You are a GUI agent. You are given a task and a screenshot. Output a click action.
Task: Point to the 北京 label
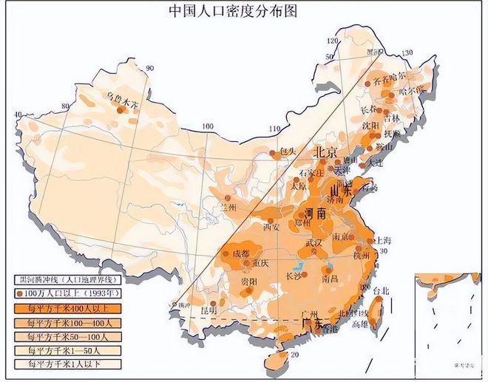click(x=327, y=151)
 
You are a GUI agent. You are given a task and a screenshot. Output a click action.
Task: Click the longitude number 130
click(x=403, y=53)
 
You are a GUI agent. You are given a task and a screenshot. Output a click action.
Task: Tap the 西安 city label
click(x=271, y=227)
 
